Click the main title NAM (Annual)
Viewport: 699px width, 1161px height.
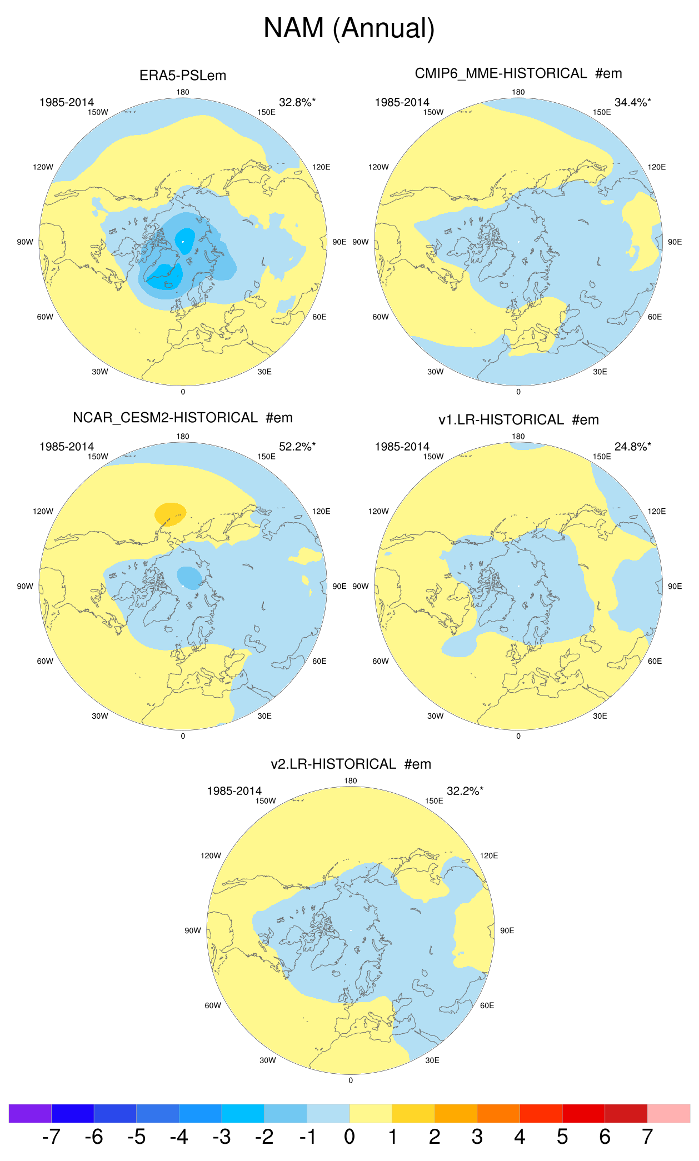(x=349, y=28)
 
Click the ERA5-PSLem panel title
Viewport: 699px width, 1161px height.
(x=183, y=76)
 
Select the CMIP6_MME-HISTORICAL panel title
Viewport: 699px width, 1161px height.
(x=518, y=73)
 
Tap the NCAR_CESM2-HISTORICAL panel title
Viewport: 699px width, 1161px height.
(x=183, y=418)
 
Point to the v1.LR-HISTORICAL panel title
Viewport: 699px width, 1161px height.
(x=518, y=420)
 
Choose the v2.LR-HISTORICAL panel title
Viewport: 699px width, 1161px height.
(x=351, y=764)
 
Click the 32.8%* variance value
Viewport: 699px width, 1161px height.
(x=297, y=102)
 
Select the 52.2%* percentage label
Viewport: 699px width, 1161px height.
(x=297, y=447)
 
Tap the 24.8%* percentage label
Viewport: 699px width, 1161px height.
(x=633, y=447)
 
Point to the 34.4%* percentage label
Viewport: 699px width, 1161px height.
(x=633, y=102)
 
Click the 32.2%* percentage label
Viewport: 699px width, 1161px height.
(x=465, y=791)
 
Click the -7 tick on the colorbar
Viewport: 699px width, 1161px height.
(x=51, y=1137)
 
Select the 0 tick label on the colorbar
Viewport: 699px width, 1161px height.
(x=349, y=1137)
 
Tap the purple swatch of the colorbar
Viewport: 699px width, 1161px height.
(x=30, y=1113)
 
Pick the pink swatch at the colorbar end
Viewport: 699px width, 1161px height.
(x=669, y=1113)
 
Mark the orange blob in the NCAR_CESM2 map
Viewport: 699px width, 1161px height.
(x=170, y=513)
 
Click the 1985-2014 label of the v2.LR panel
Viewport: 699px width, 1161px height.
(x=234, y=791)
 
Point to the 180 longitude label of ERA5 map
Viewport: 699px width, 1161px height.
(x=183, y=92)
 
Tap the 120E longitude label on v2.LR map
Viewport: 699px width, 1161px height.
(x=489, y=855)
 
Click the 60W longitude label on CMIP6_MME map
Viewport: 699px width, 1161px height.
(x=381, y=317)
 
